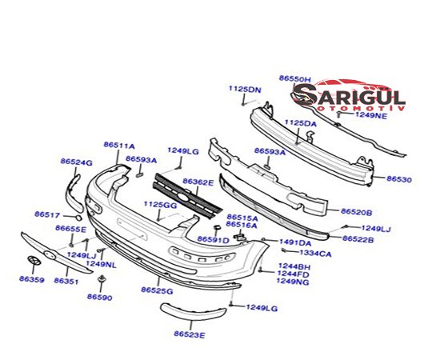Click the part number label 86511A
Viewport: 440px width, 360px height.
(119, 146)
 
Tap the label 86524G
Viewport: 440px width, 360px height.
(76, 162)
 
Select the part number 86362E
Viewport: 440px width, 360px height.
(198, 182)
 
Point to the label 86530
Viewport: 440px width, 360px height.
(398, 179)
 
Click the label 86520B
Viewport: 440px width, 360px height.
(356, 212)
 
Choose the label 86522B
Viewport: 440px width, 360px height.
(358, 239)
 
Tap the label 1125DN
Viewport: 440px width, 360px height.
(245, 90)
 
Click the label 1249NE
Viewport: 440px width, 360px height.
(371, 115)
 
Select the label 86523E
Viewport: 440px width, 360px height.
(190, 334)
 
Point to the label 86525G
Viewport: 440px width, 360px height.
(157, 290)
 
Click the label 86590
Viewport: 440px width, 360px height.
(100, 297)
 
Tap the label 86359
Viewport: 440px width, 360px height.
(32, 279)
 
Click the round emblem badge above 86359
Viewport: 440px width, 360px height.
(34, 260)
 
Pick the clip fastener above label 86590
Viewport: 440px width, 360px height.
(101, 279)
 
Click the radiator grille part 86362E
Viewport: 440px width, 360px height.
(187, 196)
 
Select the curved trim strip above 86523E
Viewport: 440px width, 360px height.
(193, 310)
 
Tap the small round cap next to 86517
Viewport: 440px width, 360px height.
(78, 218)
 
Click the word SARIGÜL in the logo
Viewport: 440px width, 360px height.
(350, 96)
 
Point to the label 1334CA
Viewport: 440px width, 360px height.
(315, 254)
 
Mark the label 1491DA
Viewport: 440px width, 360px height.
(295, 242)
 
